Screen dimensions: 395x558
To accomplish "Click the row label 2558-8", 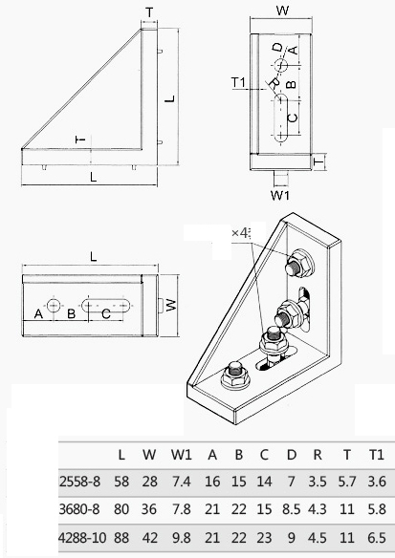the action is point(79,482).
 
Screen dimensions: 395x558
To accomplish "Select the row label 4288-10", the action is point(82,537).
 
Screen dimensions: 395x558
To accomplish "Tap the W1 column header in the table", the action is point(182,455).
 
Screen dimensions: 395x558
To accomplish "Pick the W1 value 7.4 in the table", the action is point(182,482).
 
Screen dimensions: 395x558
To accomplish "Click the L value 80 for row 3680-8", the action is point(121,509).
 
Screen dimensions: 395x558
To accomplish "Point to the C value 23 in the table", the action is point(264,537).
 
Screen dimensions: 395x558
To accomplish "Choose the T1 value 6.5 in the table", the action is point(377,537).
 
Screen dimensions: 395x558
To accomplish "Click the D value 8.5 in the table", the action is point(292,509).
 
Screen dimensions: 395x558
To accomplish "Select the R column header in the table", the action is point(318,455).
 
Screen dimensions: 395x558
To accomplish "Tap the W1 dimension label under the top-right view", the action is point(280,195).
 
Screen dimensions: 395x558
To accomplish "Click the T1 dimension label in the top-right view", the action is point(239,82).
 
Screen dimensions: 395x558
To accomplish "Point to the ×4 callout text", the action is point(240,233).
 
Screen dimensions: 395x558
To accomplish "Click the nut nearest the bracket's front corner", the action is point(234,376).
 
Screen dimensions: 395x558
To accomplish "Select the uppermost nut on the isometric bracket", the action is point(299,264).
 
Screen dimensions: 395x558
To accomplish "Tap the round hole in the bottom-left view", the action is point(54,306).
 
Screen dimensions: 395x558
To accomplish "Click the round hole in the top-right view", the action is point(280,65).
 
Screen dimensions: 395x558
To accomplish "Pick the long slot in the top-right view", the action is point(280,118).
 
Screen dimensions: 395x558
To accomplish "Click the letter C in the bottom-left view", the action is point(106,313).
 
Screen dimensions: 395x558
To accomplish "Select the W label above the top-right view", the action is point(282,11).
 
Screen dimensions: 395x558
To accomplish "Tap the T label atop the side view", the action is point(149,12).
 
